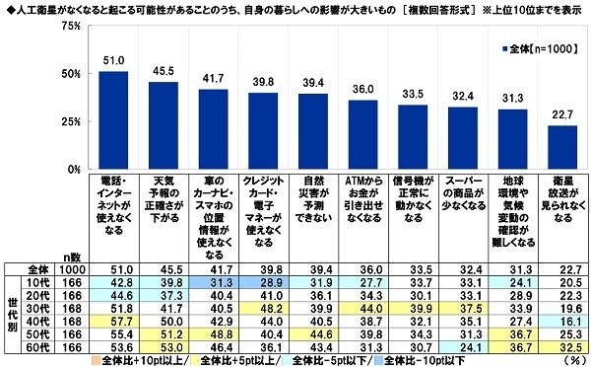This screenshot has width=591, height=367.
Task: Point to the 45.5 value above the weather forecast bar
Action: click(163, 73)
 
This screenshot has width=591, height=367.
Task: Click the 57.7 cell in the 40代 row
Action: click(113, 321)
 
